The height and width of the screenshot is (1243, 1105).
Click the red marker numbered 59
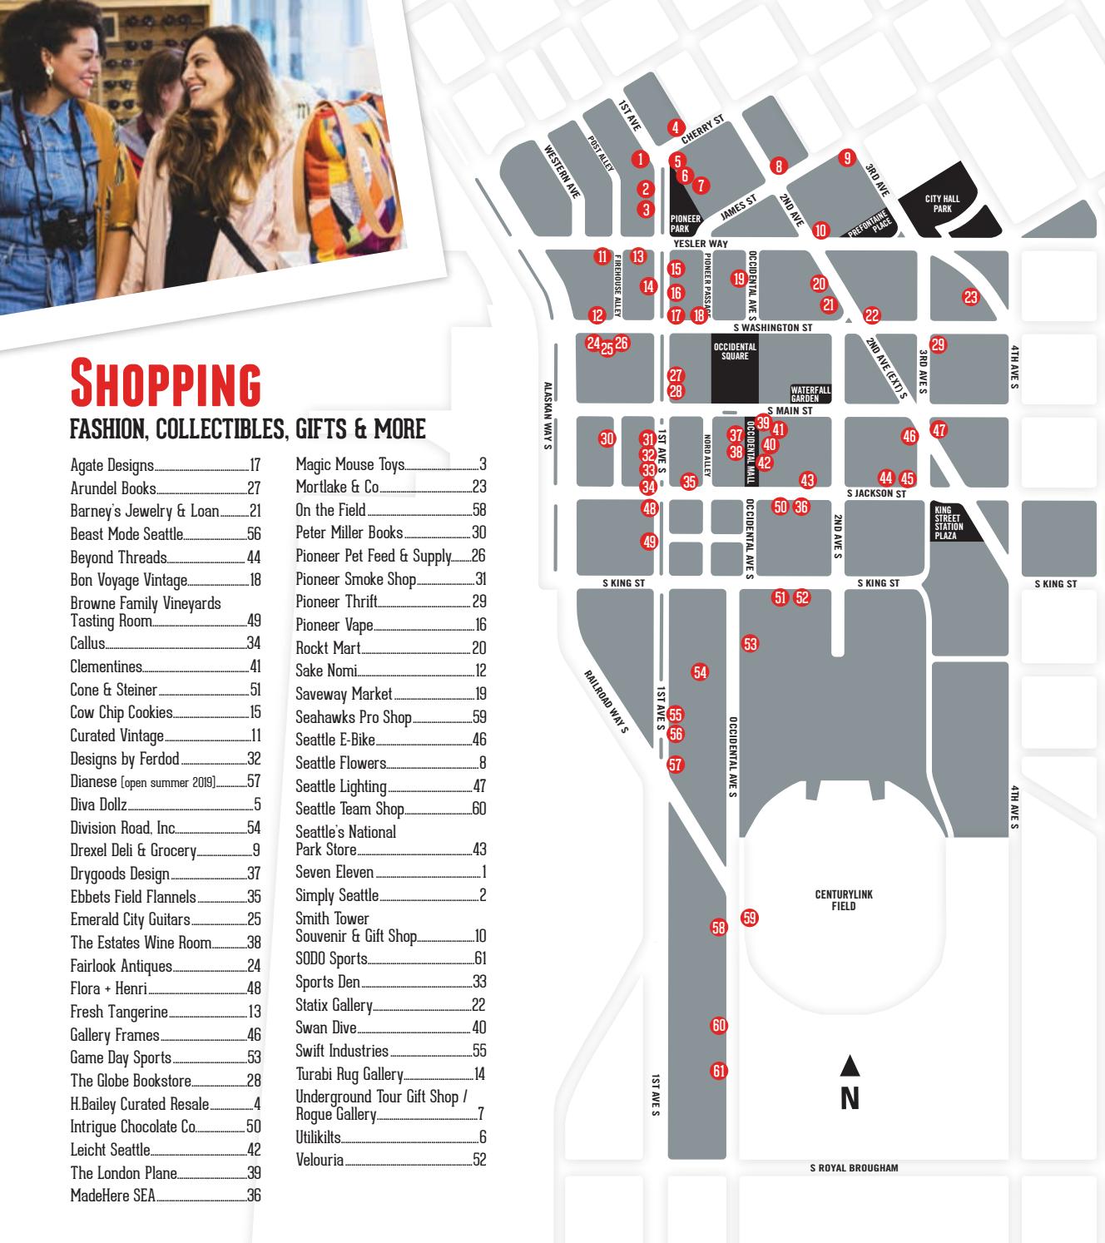point(750,918)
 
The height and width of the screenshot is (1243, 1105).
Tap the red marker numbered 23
point(970,296)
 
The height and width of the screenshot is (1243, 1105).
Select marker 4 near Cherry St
point(676,128)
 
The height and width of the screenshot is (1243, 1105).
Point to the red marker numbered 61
point(719,1071)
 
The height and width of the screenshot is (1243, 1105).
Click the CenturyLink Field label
point(844,900)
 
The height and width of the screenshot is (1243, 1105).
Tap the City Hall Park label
point(942,204)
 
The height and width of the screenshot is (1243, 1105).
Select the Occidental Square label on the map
point(735,351)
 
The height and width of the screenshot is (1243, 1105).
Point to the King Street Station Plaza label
point(949,523)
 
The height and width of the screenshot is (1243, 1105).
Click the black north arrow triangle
point(849,1065)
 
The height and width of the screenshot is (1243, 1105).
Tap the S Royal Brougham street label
point(854,1168)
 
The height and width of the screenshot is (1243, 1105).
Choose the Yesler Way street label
point(700,244)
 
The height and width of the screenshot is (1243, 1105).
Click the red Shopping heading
point(166,382)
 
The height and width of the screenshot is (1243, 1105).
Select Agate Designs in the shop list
point(112,465)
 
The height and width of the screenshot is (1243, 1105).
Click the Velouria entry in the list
point(320,1160)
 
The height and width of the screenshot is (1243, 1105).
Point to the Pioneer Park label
point(686,224)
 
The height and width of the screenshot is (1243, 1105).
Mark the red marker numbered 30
point(607,438)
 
